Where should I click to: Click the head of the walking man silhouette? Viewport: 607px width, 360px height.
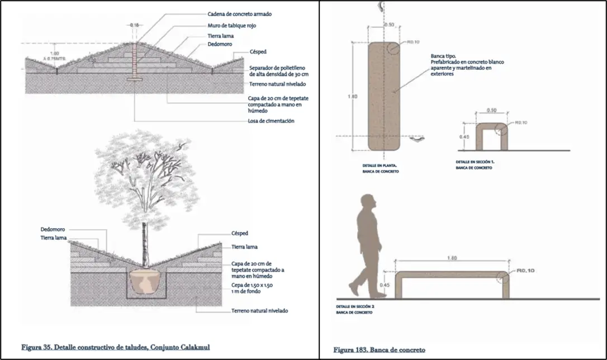[x=368, y=202]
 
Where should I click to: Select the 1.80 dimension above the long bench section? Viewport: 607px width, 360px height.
[x=452, y=258]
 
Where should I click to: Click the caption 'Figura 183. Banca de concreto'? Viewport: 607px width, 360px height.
[x=379, y=350]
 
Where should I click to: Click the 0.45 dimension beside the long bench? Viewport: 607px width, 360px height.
[x=384, y=285]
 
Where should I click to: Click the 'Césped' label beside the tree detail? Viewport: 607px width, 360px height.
[x=239, y=233]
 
